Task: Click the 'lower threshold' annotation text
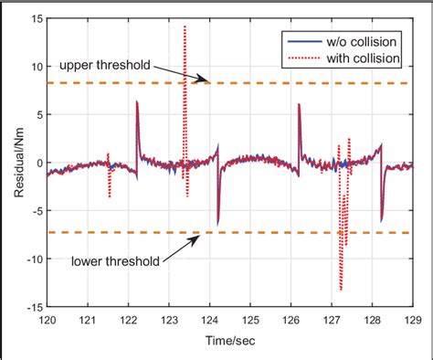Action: pyautogui.click(x=114, y=260)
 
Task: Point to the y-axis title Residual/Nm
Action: pyautogui.click(x=11, y=164)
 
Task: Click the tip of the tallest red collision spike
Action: pyautogui.click(x=185, y=26)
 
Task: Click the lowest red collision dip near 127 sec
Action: pyautogui.click(x=341, y=290)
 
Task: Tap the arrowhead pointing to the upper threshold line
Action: pyautogui.click(x=209, y=82)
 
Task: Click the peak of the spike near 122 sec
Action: pyautogui.click(x=137, y=101)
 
